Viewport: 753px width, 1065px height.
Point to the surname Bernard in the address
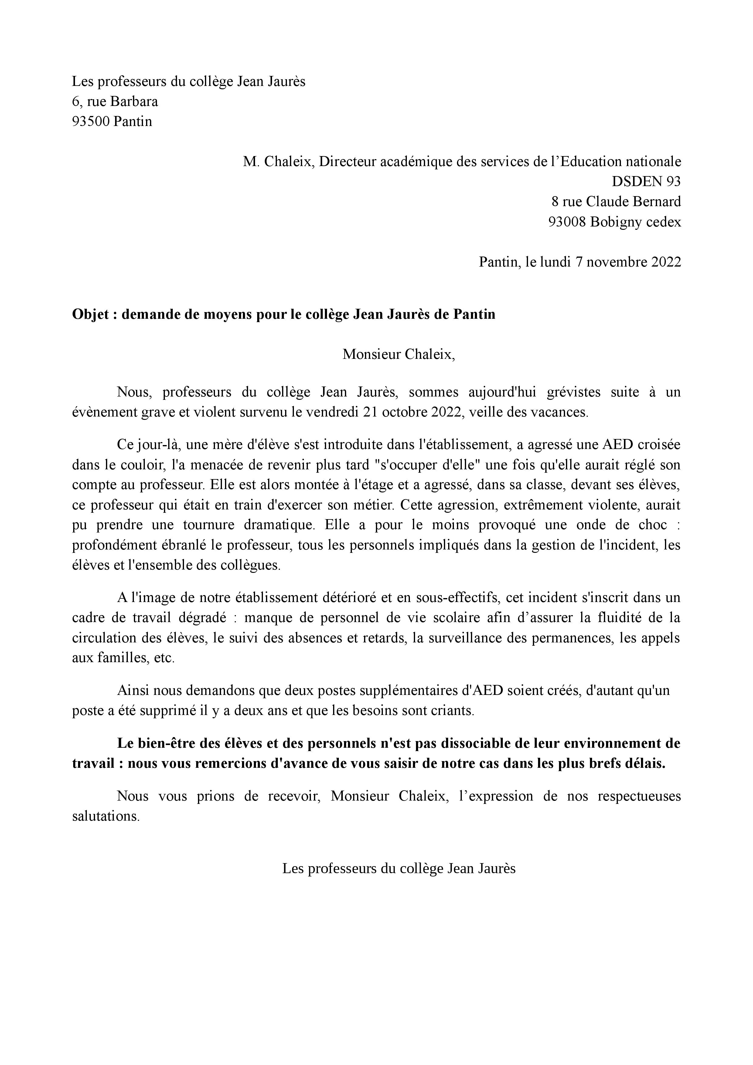[x=659, y=201]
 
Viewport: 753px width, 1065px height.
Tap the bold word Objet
[x=90, y=315]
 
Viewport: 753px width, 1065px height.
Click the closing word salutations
[x=106, y=816]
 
